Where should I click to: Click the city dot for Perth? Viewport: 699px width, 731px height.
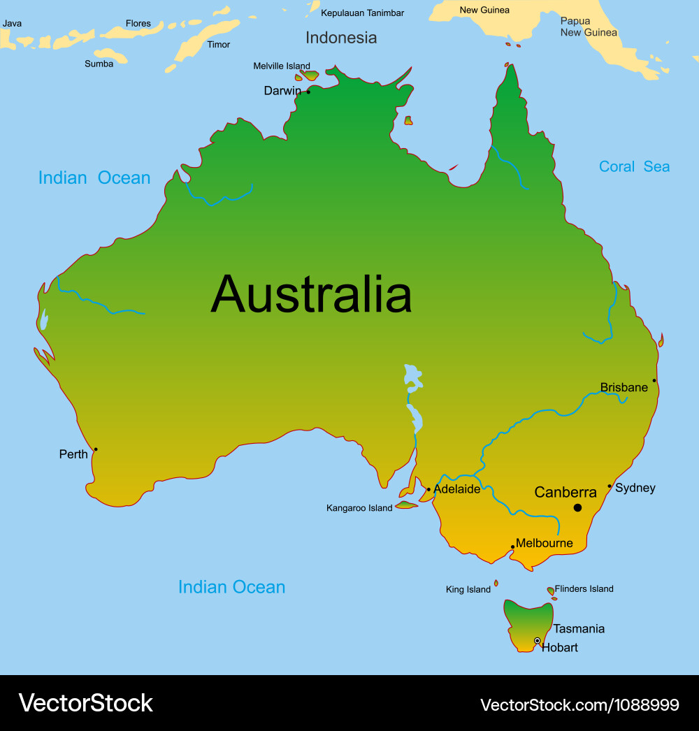tap(96, 449)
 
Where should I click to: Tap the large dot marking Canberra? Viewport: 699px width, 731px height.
tap(577, 507)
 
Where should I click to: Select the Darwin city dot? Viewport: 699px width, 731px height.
tap(308, 92)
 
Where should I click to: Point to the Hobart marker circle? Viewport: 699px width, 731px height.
tap(538, 641)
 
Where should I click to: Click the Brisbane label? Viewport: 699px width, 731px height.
tap(624, 387)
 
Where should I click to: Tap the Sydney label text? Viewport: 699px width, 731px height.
tap(635, 488)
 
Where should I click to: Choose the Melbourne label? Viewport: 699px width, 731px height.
tap(545, 543)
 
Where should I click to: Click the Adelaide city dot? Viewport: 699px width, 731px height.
tap(428, 489)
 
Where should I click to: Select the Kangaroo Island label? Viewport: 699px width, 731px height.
tap(359, 508)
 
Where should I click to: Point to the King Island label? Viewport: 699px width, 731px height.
tap(468, 590)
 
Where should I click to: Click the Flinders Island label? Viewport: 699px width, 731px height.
tap(584, 588)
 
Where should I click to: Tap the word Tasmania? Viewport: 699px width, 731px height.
tap(579, 628)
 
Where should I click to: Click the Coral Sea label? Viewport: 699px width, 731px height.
tap(634, 166)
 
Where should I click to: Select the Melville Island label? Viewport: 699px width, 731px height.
tap(282, 66)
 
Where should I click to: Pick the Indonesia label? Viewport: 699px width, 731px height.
tap(341, 38)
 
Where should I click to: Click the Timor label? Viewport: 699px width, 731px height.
tap(219, 45)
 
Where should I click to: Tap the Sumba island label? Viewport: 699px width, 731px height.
tap(99, 64)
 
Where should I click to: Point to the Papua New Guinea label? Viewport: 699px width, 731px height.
tap(589, 27)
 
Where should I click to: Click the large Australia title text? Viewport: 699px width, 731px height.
tap(311, 294)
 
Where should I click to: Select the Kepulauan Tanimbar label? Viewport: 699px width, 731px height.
tap(362, 13)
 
